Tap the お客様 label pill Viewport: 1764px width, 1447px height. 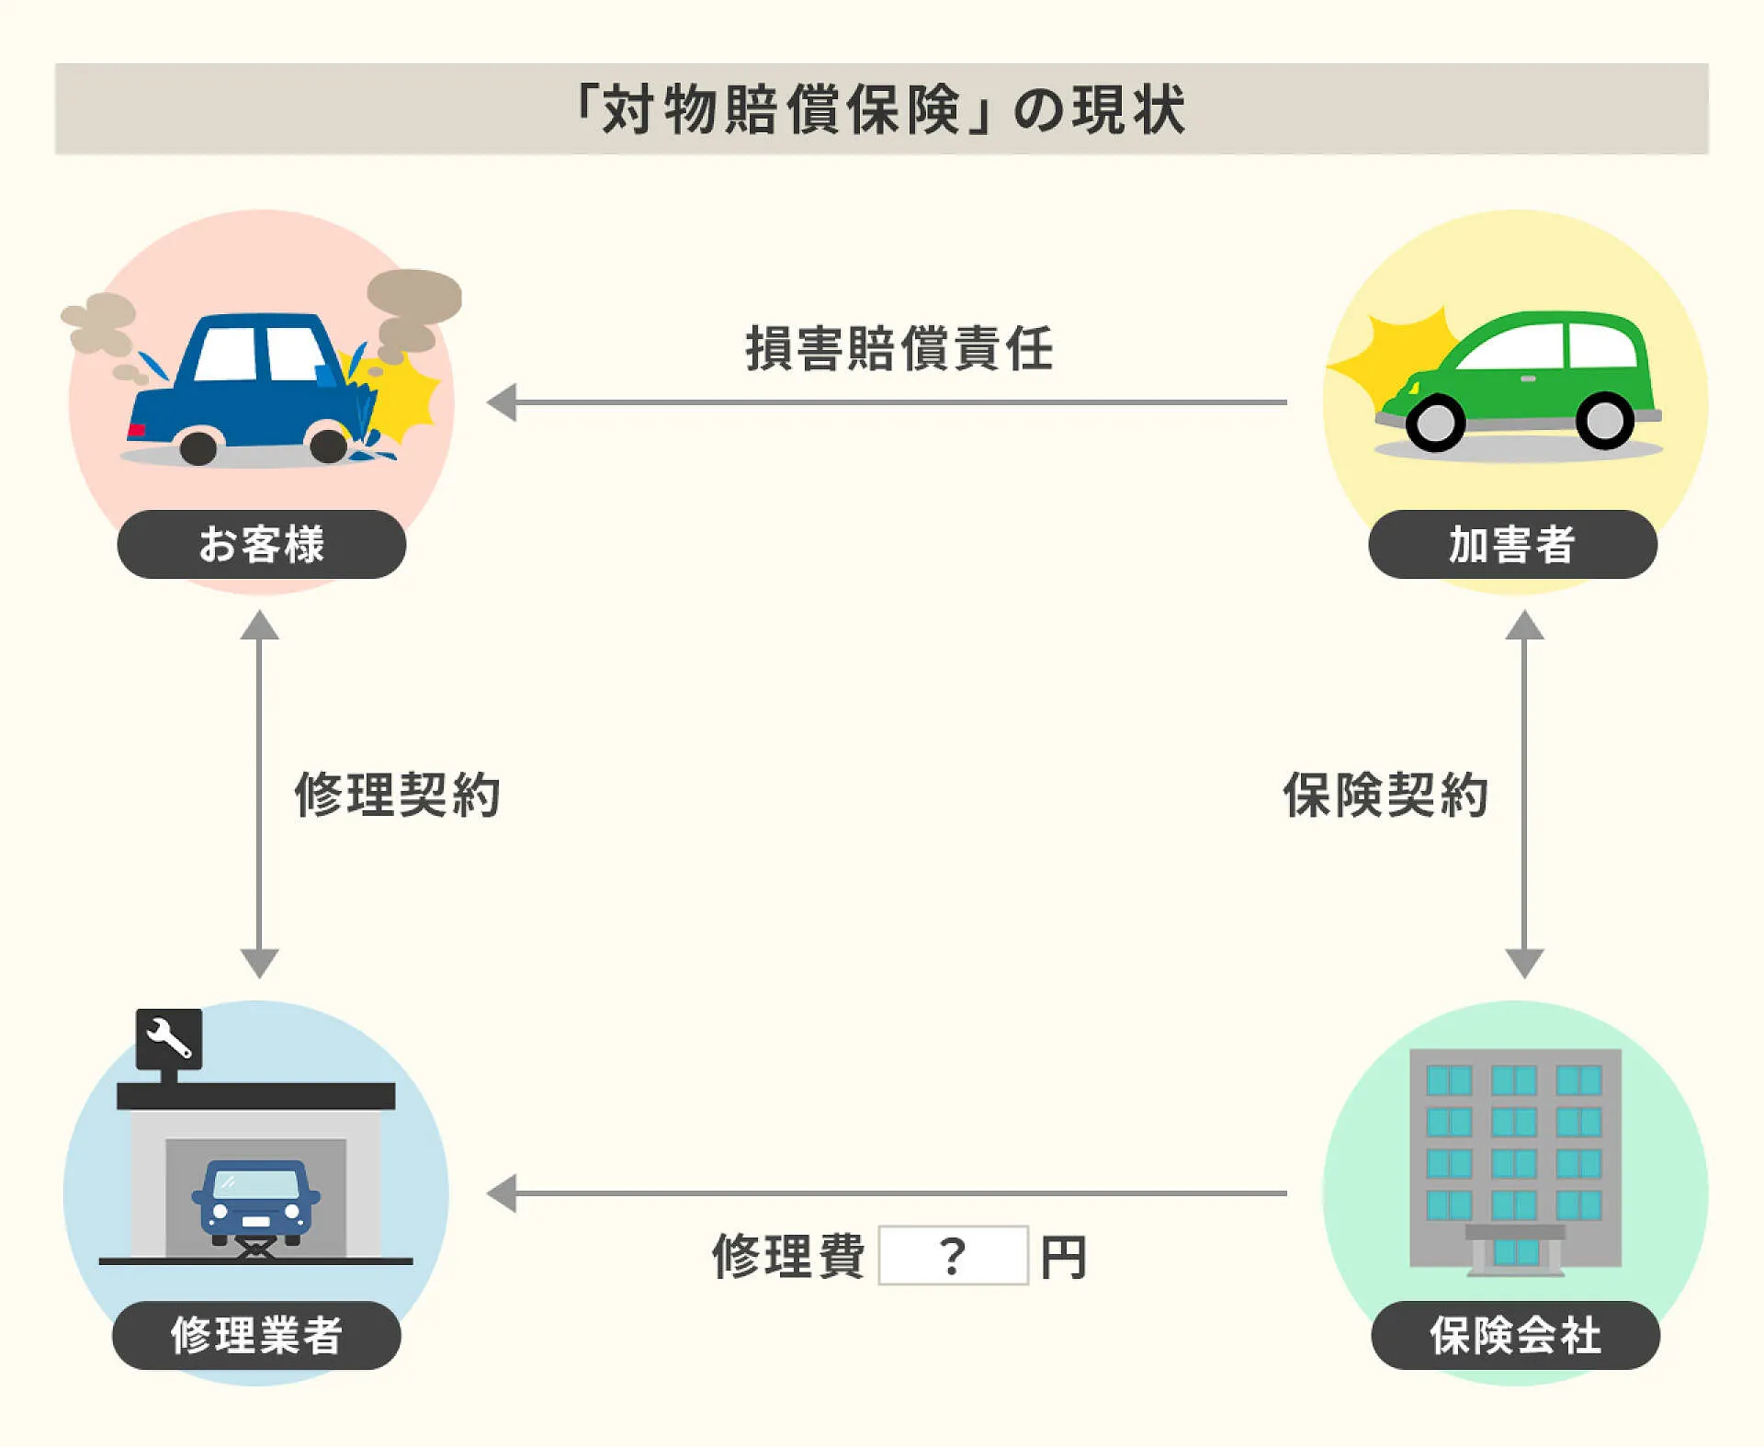[x=262, y=544]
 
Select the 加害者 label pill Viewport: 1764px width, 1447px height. [x=1512, y=544]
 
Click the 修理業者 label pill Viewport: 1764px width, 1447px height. [x=256, y=1335]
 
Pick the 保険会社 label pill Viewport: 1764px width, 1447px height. [x=1515, y=1335]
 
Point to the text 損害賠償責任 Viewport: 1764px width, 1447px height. [x=899, y=349]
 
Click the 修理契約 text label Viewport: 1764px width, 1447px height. [x=397, y=795]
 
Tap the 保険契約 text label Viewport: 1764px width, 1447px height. [x=1385, y=795]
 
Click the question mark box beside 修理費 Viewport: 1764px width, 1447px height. [x=953, y=1255]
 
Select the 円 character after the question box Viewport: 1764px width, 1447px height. [x=1064, y=1257]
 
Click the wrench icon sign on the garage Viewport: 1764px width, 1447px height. [x=169, y=1038]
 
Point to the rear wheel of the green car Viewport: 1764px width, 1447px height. [x=1604, y=421]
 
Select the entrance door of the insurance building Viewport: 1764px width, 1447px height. [x=1515, y=1251]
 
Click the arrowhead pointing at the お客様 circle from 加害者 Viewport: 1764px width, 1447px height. [x=502, y=402]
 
